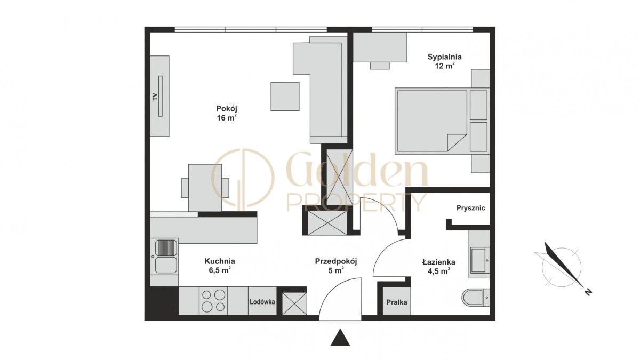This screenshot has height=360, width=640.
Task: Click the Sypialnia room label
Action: (x=445, y=57)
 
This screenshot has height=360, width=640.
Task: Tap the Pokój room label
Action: (x=227, y=109)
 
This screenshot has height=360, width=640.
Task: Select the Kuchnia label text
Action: (x=220, y=261)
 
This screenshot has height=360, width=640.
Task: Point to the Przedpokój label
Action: (x=337, y=261)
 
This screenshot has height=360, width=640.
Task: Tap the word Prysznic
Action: (x=470, y=208)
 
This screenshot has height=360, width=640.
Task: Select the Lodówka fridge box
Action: (x=262, y=301)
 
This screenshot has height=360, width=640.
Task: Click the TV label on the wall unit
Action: (x=155, y=97)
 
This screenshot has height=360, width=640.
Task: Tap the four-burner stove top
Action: (x=213, y=301)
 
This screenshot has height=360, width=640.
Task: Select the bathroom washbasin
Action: (x=479, y=260)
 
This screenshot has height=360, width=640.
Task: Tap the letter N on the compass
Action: (x=588, y=292)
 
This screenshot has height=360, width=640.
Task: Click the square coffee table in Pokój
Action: (x=285, y=97)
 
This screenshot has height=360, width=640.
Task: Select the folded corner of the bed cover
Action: (x=457, y=142)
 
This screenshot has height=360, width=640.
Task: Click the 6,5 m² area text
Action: (x=220, y=270)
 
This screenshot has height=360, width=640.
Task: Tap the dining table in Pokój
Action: (x=205, y=188)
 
